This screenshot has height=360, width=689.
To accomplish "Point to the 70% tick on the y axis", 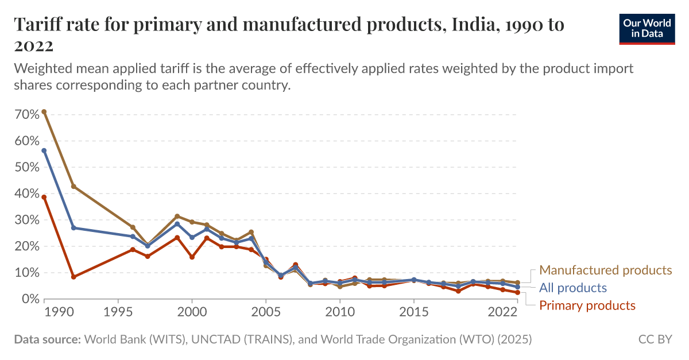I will (x=26, y=114).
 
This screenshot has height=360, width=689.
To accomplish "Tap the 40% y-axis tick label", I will (x=26, y=193).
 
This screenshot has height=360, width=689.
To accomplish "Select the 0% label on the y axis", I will (x=29, y=299).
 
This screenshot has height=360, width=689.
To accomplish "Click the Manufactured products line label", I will (x=605, y=270).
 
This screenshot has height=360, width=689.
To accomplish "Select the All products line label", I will (x=573, y=288).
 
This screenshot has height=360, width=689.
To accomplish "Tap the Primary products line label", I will (x=587, y=305).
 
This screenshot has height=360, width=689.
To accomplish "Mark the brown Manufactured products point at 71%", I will (x=44, y=112).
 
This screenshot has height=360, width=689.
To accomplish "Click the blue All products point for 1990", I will (x=44, y=150).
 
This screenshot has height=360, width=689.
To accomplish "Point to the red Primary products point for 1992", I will (x=73, y=277).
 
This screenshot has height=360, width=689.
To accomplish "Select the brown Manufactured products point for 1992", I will (x=73, y=187).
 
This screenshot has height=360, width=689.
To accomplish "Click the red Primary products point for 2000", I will (x=192, y=257).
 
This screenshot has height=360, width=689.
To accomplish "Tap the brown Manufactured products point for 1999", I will (x=177, y=216).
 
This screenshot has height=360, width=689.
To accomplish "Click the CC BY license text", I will (x=655, y=340).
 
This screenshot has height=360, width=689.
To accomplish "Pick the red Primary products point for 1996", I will (x=133, y=250).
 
